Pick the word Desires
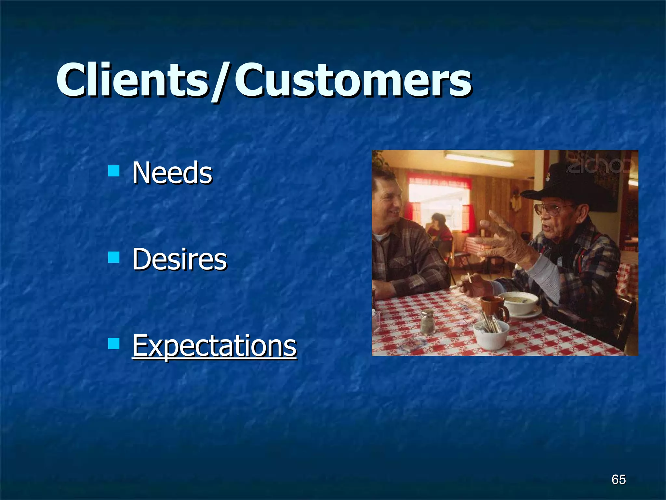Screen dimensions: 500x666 tap(179, 259)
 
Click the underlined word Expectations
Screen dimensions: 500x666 tap(214, 346)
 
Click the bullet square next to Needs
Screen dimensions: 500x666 tap(113, 171)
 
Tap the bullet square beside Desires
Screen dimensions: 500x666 tap(113, 257)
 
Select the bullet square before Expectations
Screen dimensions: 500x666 tap(113, 343)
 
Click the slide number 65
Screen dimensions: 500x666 tap(618, 479)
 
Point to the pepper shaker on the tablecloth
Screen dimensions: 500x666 tap(427, 322)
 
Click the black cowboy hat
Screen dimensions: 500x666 tap(559, 186)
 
